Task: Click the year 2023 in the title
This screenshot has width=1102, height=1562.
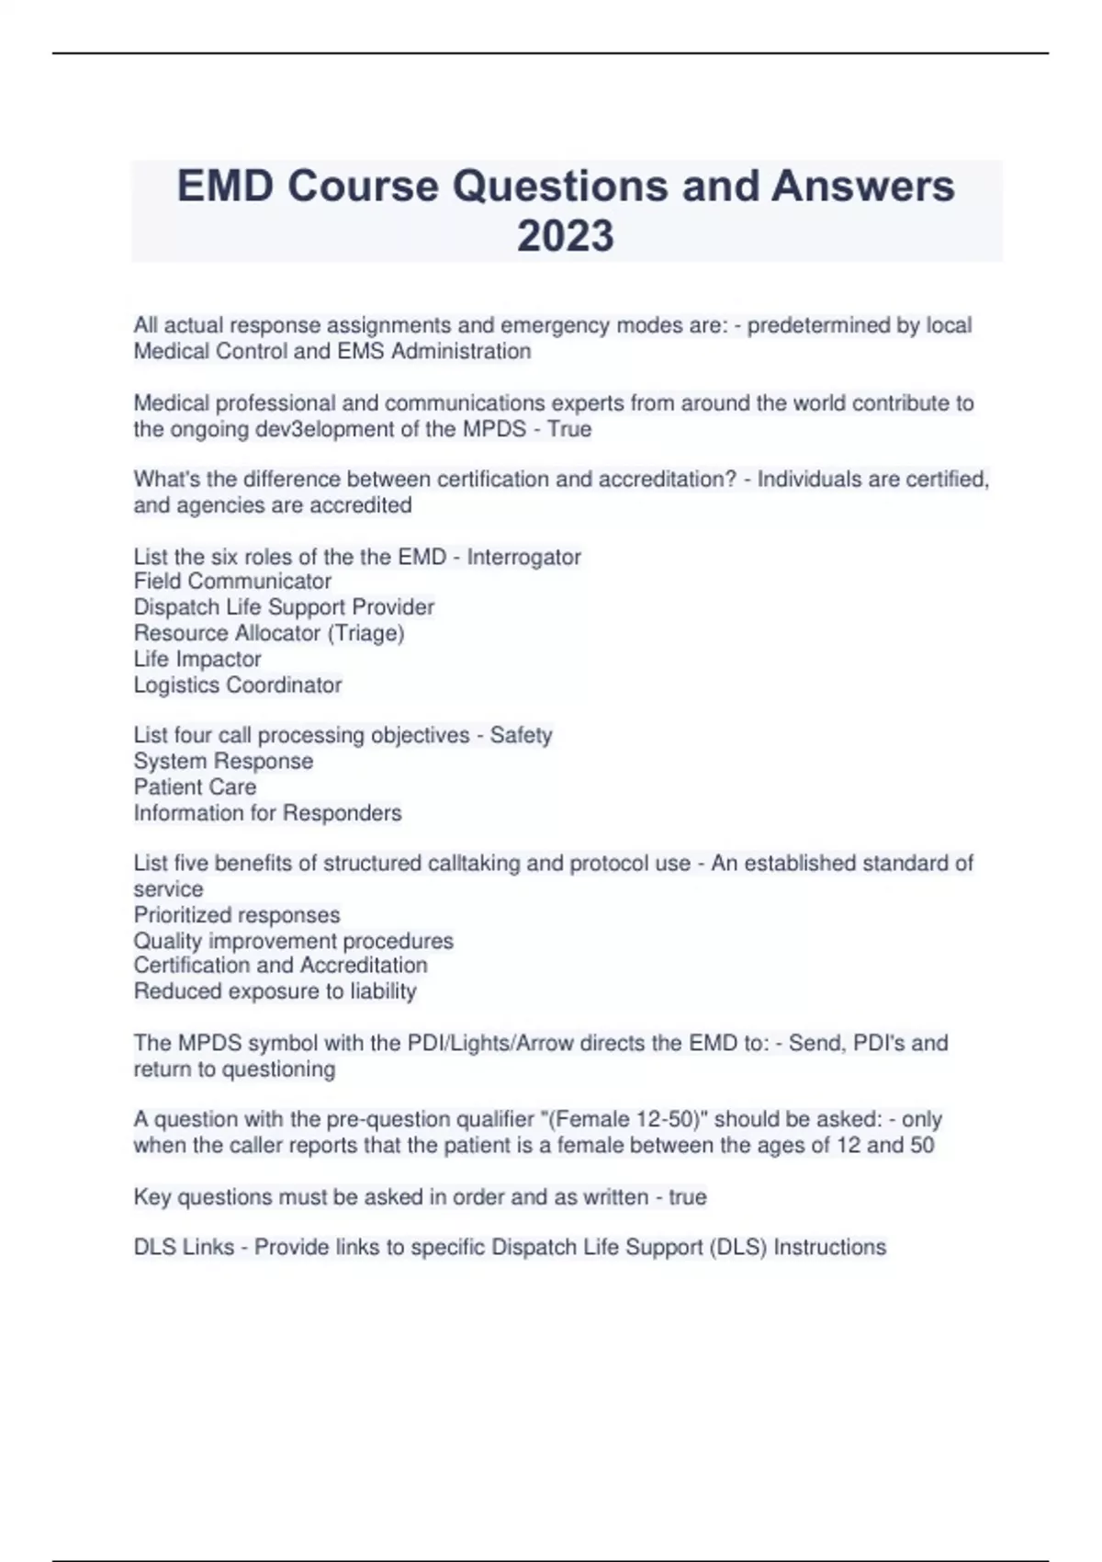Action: [565, 235]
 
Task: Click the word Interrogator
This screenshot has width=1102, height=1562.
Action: [523, 557]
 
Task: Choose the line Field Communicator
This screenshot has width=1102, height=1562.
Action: [232, 582]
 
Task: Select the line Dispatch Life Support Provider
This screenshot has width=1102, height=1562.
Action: [284, 607]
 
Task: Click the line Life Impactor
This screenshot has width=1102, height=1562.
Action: [197, 659]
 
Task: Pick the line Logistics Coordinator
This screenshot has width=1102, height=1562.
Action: [238, 685]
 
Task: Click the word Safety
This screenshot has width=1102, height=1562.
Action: [521, 735]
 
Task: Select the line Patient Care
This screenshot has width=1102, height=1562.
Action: [195, 787]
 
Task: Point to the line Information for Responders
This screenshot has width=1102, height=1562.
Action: [267, 813]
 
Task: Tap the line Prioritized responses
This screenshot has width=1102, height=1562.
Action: [237, 915]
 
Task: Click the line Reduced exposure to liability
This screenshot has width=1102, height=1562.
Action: [275, 991]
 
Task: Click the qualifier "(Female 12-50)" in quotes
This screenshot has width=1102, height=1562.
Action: [627, 1119]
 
